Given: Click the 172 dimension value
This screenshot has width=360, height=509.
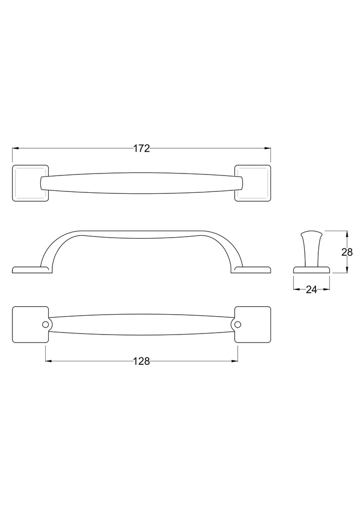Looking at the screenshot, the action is point(142,148).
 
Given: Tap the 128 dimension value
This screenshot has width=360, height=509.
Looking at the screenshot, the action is point(142,361).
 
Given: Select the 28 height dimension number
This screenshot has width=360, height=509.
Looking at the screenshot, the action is point(347,252).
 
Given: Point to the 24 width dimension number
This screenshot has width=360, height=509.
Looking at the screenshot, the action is point(311,290).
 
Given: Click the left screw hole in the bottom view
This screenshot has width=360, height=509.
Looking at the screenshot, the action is point(45,324).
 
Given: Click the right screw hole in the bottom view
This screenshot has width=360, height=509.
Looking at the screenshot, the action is point(238,324).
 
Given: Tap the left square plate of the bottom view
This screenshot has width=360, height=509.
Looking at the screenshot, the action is point(30,324).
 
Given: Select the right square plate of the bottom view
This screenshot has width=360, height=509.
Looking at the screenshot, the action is point(253,324).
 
